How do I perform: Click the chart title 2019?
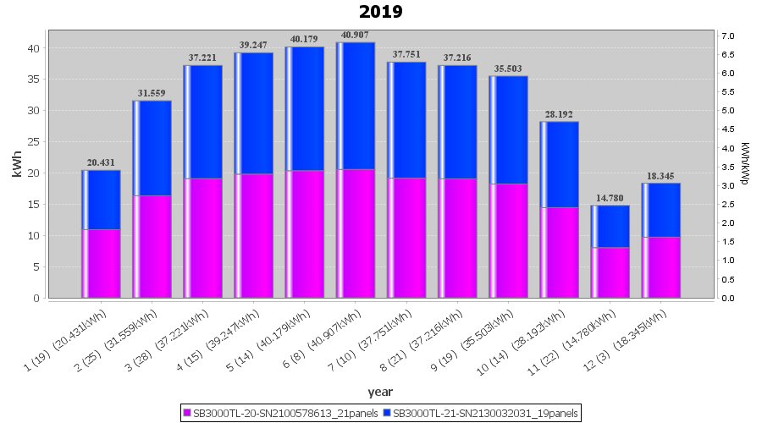(380, 12)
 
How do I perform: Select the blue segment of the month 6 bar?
(356, 106)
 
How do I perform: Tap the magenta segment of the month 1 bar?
(101, 263)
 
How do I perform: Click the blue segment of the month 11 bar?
(610, 226)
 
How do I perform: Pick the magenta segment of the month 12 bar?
(661, 267)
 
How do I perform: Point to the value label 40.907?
(356, 35)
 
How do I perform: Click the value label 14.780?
(610, 198)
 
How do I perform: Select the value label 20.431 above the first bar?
(101, 162)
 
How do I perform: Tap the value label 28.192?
(559, 114)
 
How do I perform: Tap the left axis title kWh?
(16, 167)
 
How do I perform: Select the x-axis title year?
(380, 391)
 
